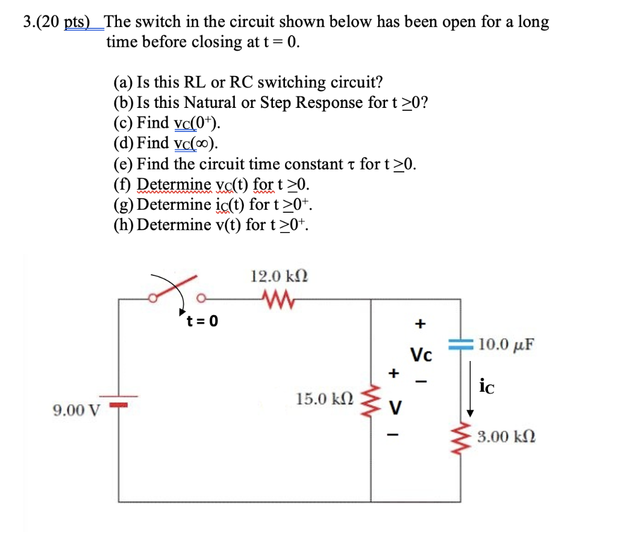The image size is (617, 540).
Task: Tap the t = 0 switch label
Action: [x=202, y=320]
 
